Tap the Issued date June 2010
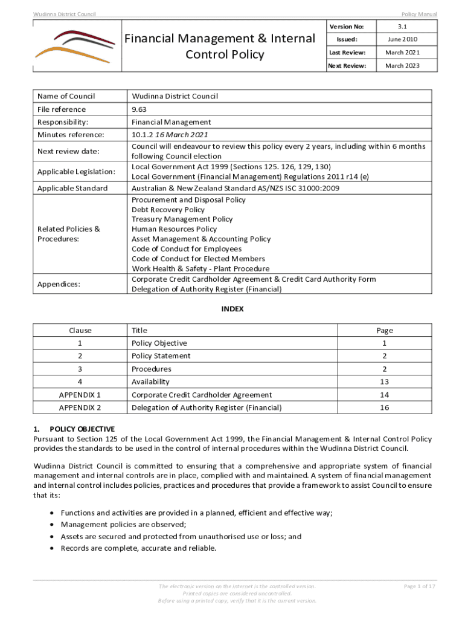click(x=402, y=39)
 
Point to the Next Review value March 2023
click(x=402, y=65)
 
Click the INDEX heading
click(x=232, y=308)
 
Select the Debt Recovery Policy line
click(x=168, y=210)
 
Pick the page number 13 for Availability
click(x=384, y=382)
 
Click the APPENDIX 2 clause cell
click(x=80, y=408)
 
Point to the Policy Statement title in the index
click(x=161, y=356)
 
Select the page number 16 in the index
click(x=384, y=408)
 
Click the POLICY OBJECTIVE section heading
click(x=82, y=429)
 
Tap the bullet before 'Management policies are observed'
click(x=52, y=525)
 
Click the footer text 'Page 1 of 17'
click(x=420, y=586)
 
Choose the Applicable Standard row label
click(x=72, y=189)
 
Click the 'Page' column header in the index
click(x=384, y=331)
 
